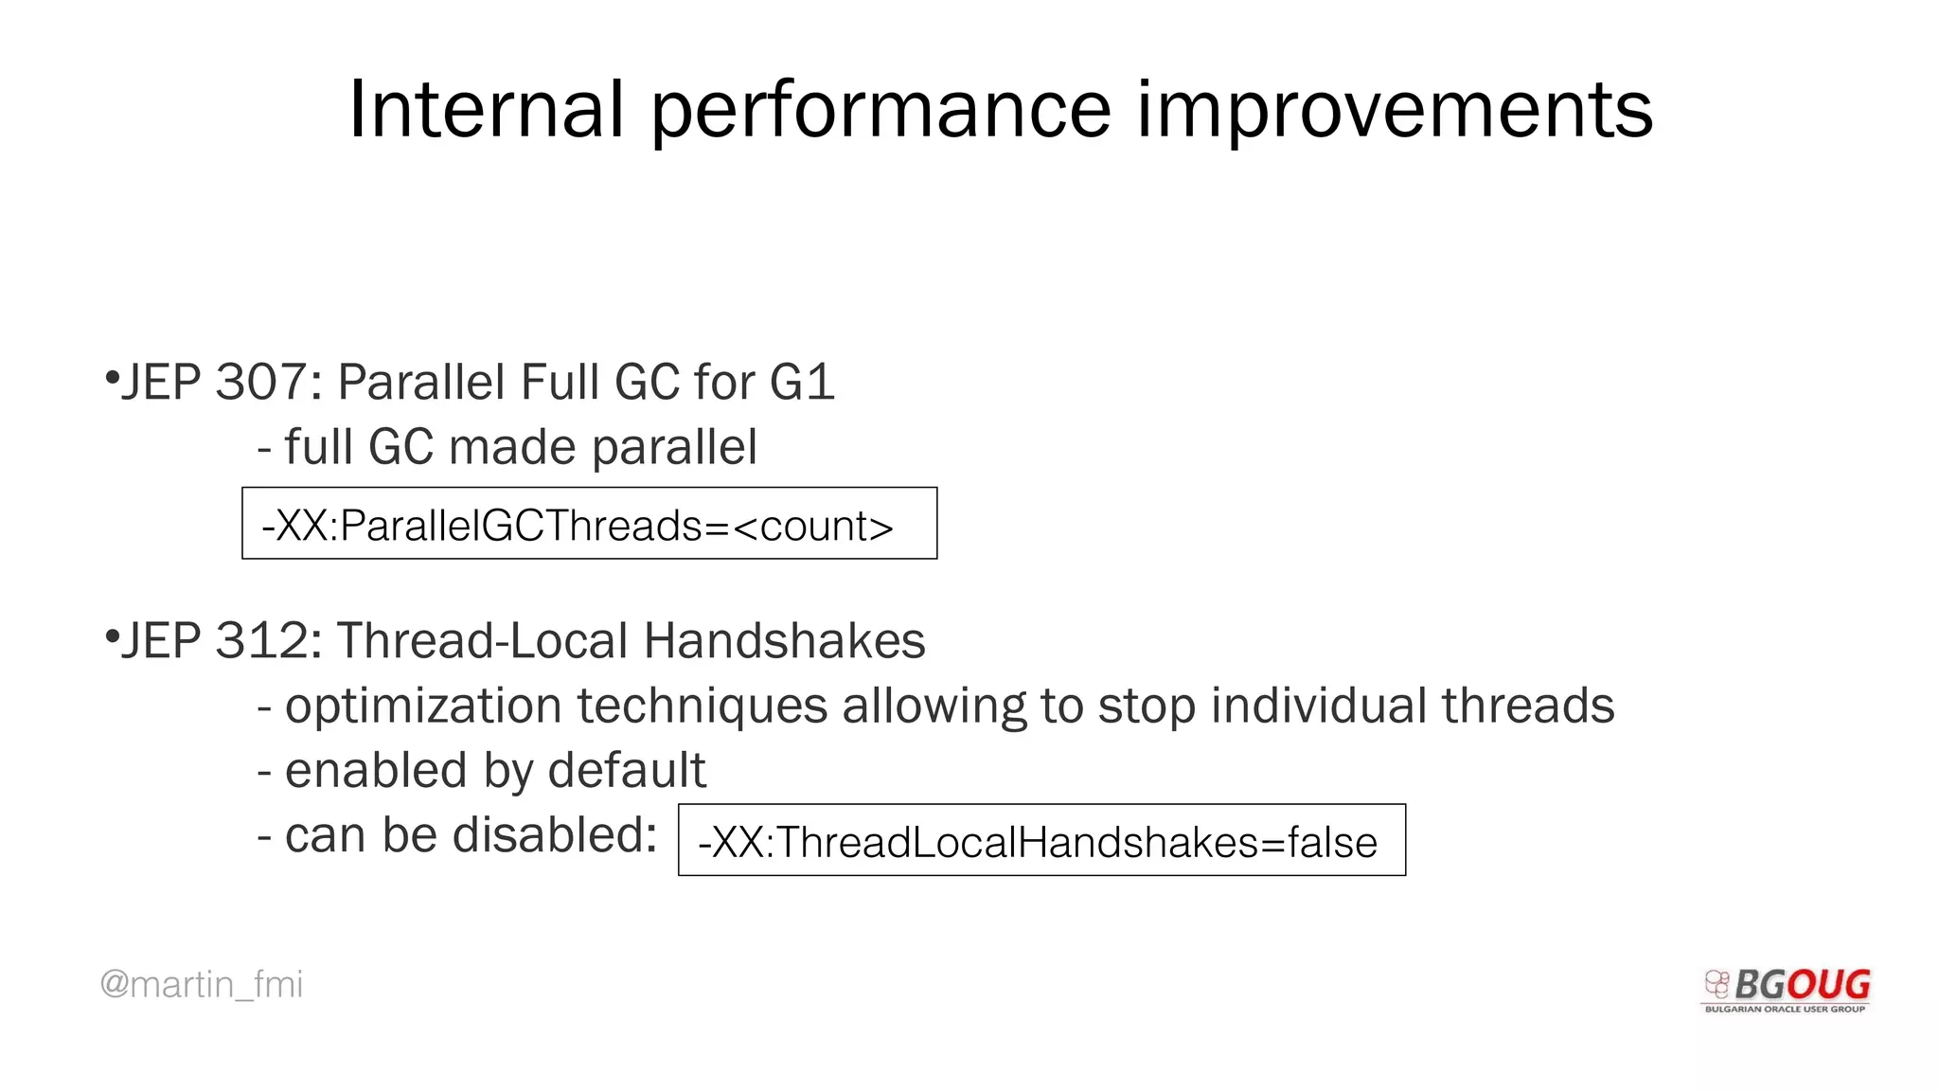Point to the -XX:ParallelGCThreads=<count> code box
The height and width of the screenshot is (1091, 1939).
pos(589,524)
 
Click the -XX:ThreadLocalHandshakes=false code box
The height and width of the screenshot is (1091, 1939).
pos(1041,840)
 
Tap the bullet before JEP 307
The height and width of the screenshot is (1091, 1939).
pos(112,378)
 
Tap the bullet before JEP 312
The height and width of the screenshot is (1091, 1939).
pos(112,635)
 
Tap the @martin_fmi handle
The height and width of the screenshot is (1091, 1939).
pos(201,984)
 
